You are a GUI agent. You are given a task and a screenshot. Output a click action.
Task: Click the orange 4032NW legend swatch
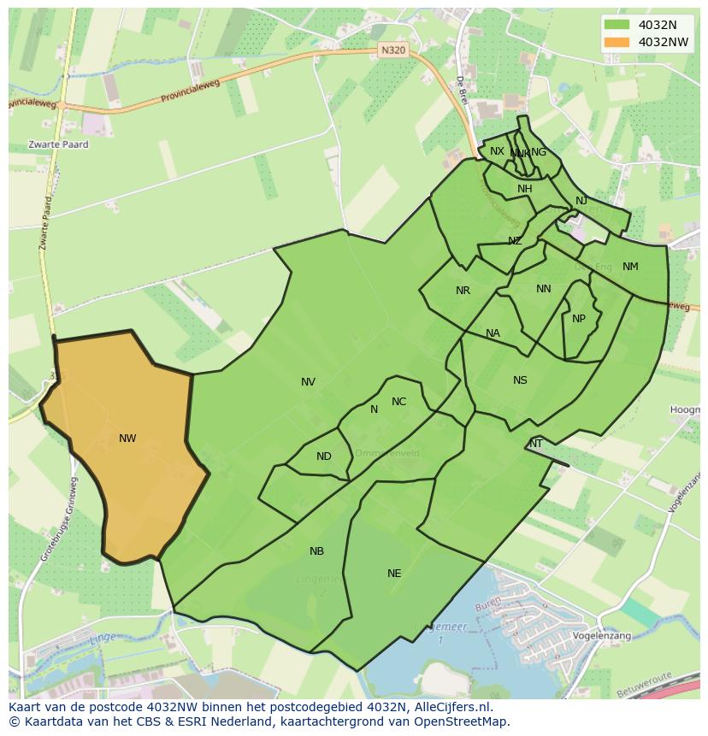[616, 42]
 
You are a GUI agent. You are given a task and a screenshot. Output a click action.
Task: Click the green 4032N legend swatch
[616, 25]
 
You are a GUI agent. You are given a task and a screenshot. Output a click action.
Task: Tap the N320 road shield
[392, 50]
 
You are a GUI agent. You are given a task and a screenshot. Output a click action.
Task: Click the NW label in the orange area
[127, 439]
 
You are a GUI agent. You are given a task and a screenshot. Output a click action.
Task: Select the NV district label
[308, 382]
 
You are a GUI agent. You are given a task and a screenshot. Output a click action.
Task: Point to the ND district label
[323, 456]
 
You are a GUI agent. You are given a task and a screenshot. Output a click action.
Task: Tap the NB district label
[316, 551]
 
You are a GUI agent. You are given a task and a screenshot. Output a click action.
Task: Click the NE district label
[394, 574]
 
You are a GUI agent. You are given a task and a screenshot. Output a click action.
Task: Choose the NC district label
[398, 402]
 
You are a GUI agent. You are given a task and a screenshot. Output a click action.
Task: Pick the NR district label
[463, 291]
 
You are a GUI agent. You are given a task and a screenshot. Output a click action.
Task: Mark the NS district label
[520, 380]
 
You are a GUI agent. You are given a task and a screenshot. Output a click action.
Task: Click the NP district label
[579, 319]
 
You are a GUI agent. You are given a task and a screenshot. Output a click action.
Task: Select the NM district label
[630, 267]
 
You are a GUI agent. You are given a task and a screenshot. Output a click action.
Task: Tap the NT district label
[536, 444]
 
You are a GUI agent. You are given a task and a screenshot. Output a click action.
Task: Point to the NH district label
[524, 189]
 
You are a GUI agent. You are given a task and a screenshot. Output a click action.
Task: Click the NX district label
[497, 151]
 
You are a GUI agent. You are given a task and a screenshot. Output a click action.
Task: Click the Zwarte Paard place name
[58, 144]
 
